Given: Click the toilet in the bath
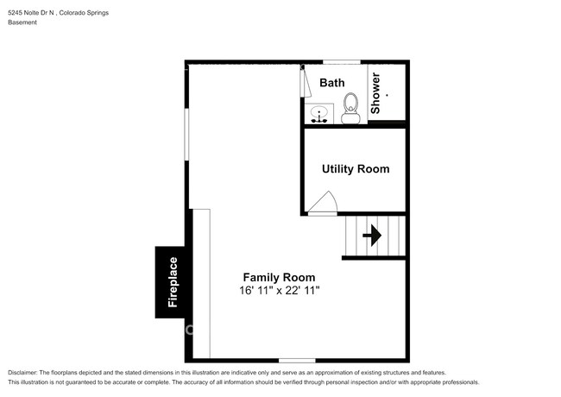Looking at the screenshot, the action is tap(350, 109).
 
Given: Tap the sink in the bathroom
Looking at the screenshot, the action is tap(318, 114).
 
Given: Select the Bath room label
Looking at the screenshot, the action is tap(332, 83).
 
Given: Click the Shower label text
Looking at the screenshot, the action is tap(375, 93).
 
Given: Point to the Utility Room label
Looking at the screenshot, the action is tap(356, 169).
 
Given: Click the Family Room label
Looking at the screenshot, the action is tap(279, 277).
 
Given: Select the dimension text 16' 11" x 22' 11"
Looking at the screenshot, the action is tap(280, 291).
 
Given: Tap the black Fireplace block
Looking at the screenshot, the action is tap(170, 282).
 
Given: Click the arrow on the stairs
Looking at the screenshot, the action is tap(372, 236).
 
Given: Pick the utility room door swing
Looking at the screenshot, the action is tap(323, 203).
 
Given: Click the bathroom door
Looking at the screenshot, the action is tap(305, 82).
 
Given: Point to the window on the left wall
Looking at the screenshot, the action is tap(186, 134).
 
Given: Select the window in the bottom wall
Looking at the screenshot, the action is tap(297, 361).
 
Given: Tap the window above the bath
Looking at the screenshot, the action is tap(342, 62).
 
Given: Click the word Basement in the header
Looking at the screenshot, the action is tap(22, 22).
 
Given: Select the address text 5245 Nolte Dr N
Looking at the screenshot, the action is tap(31, 13).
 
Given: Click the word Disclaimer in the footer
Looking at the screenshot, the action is tap(22, 373).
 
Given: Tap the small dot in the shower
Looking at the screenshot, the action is tap(387, 96).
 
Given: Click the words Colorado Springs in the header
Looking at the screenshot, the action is tap(84, 13).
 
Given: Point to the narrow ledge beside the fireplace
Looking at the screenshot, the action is tap(201, 284).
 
